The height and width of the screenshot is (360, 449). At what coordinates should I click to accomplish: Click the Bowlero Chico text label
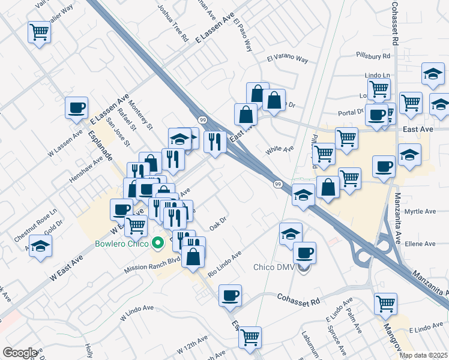point(123,244)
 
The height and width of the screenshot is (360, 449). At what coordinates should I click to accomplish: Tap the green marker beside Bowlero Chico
point(158,244)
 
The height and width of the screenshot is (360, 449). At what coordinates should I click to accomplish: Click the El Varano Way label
point(287,60)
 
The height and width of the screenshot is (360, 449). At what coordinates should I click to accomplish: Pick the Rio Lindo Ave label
point(224,264)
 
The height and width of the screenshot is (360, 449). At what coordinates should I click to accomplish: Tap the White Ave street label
point(280,148)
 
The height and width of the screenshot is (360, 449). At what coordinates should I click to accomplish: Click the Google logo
point(19,353)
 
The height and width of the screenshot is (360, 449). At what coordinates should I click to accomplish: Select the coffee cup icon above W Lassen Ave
point(77,107)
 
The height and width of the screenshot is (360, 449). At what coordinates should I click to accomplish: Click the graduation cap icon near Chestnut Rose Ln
point(40,246)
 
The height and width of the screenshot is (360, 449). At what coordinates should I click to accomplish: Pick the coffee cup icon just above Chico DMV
point(304,252)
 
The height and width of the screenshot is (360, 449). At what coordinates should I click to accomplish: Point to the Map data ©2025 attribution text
point(423,355)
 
